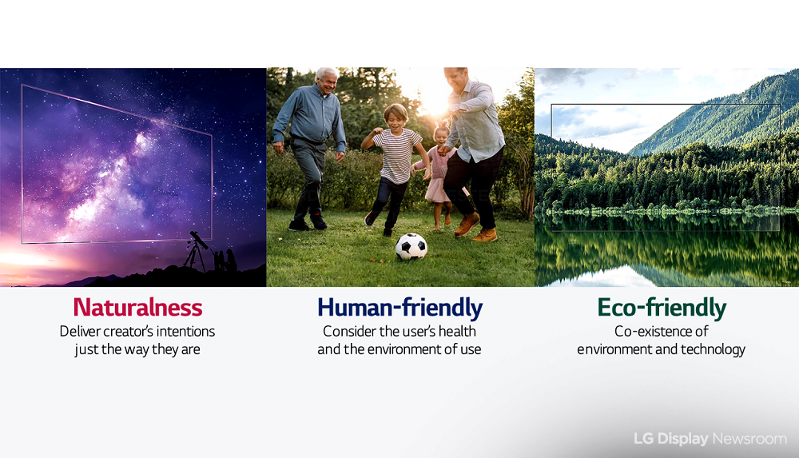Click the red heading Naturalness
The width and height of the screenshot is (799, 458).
click(137, 308)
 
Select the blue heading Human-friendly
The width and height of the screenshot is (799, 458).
click(400, 308)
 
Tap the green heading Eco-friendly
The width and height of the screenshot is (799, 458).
click(662, 308)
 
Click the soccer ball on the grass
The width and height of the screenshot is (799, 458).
click(411, 247)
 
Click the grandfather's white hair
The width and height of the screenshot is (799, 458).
click(325, 74)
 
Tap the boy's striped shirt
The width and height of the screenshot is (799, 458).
click(397, 156)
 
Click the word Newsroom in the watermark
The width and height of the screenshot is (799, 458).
click(749, 439)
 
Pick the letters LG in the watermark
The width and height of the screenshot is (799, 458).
click(643, 439)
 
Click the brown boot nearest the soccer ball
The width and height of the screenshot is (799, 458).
click(467, 225)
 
